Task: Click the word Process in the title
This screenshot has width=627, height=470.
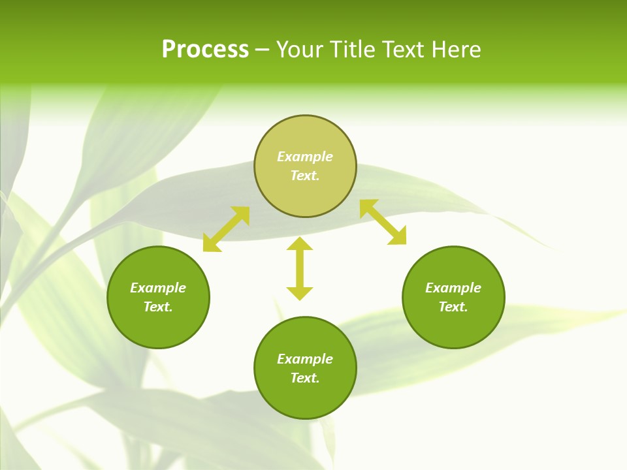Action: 205,50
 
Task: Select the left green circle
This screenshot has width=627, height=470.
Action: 158,326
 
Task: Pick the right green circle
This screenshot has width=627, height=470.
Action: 453,326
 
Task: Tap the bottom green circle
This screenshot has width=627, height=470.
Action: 305,398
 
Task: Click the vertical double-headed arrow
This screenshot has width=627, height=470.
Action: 300,268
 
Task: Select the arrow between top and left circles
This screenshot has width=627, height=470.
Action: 226,229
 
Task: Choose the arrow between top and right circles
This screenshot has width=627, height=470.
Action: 383,222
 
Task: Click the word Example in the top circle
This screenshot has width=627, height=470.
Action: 305,157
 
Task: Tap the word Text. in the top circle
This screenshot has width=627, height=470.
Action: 305,176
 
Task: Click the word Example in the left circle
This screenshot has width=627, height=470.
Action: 158,288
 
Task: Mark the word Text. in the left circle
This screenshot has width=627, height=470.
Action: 158,307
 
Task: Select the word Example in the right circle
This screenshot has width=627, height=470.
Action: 453,288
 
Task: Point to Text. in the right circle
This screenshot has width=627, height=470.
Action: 453,307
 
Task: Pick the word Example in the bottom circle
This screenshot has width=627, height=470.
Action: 305,359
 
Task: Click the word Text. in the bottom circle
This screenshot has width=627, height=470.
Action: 305,378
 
